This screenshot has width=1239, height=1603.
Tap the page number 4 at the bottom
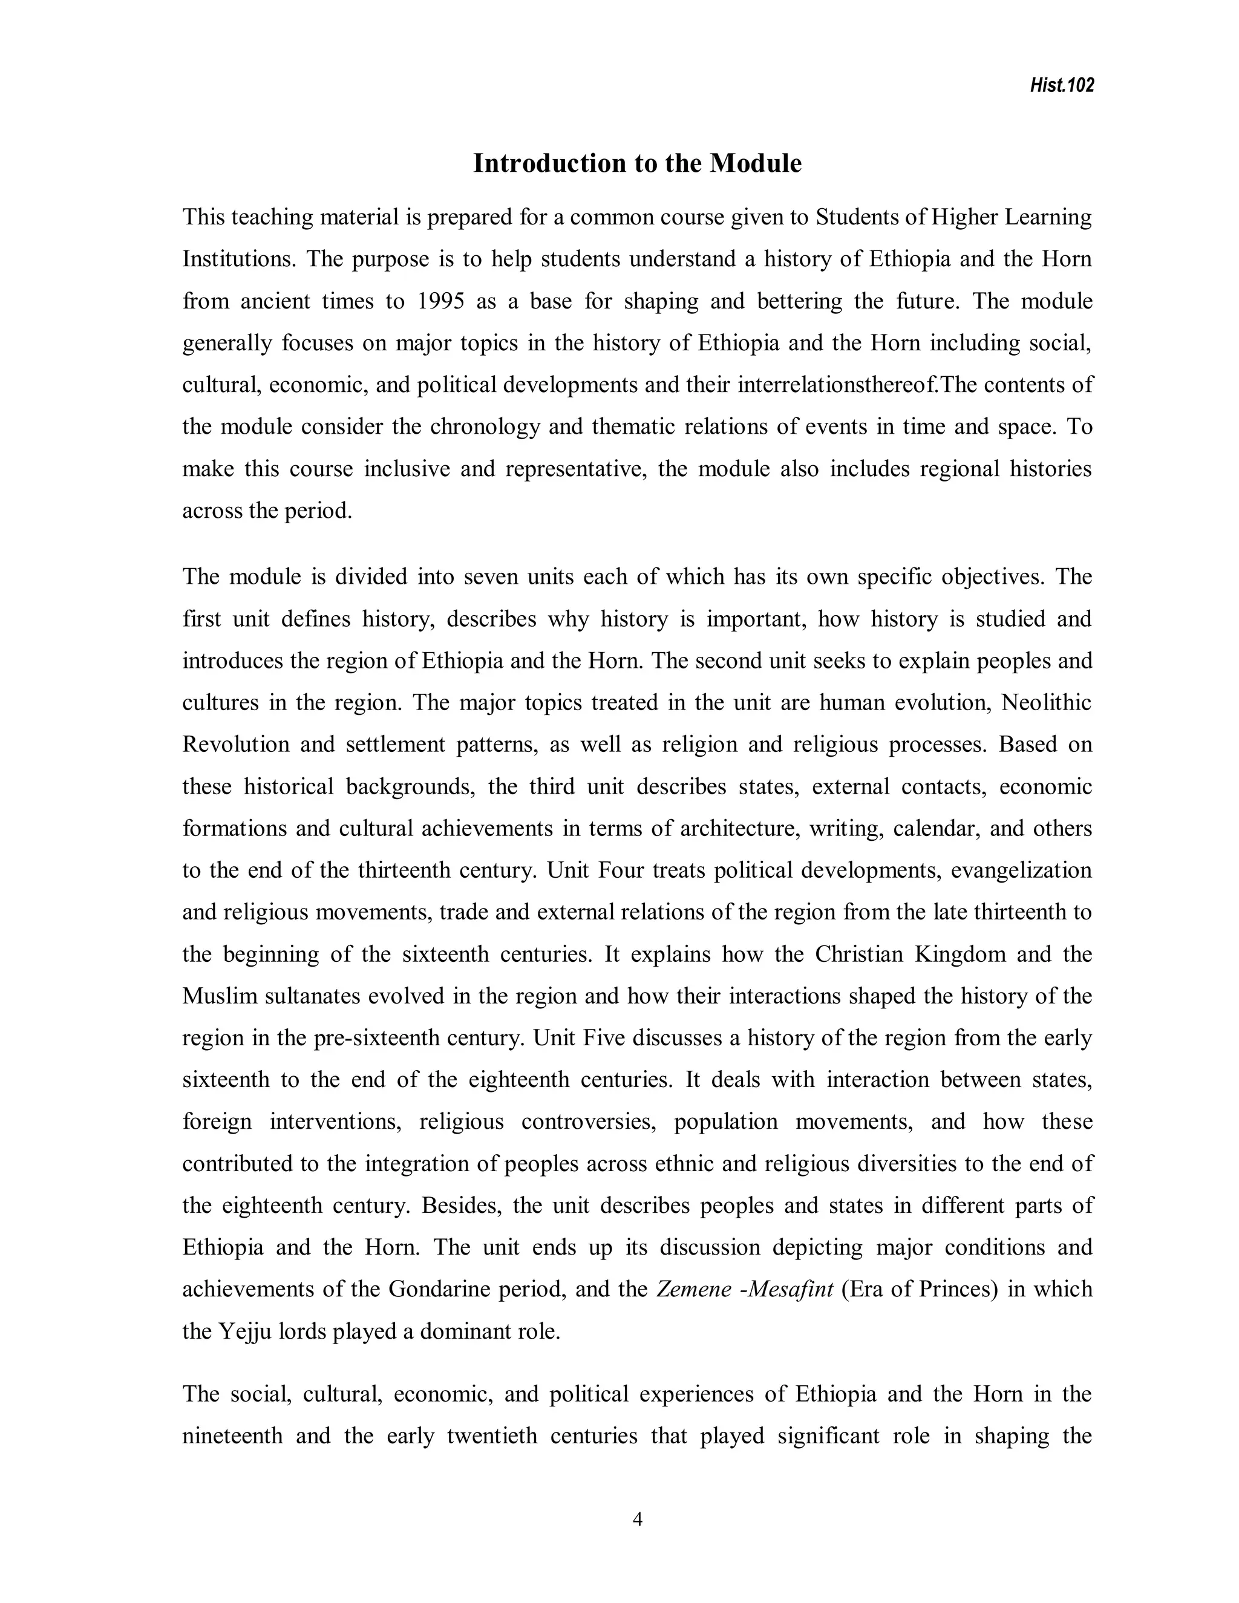[637, 1520]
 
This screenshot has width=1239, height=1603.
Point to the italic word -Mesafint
[788, 1290]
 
